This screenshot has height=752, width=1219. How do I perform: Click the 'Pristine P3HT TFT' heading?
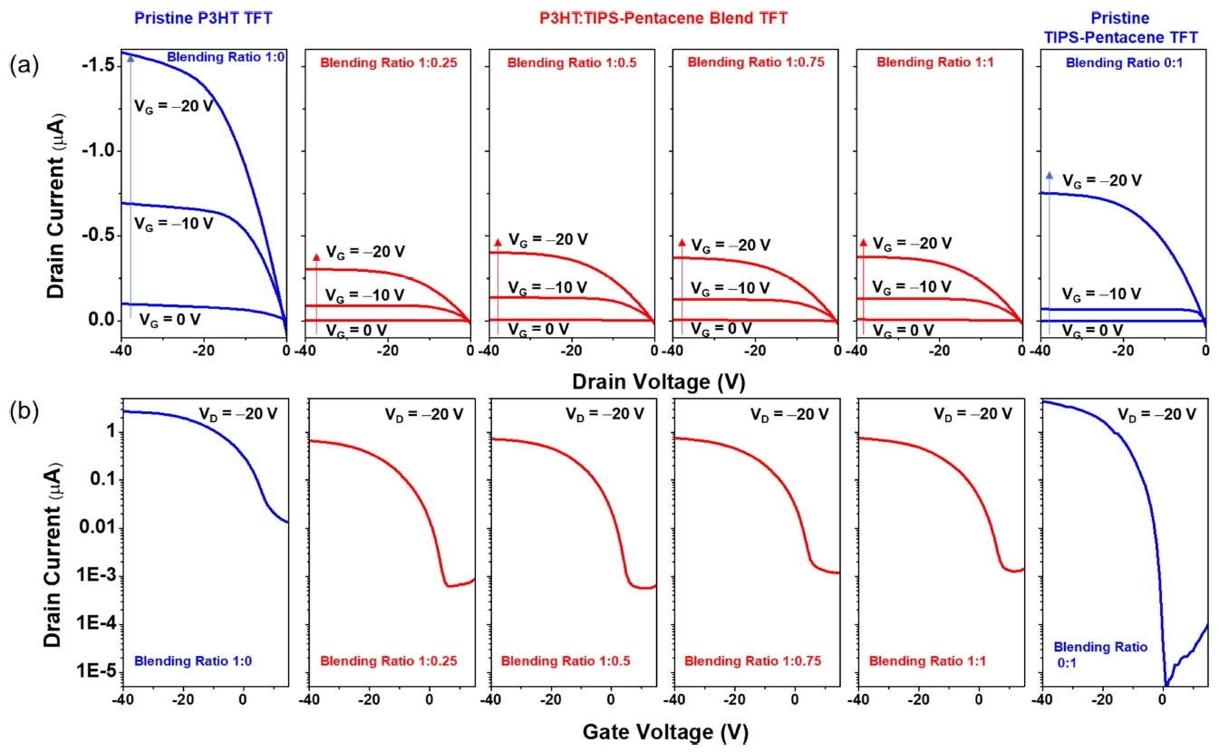tap(204, 17)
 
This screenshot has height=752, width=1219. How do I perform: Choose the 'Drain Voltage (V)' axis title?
tap(664, 381)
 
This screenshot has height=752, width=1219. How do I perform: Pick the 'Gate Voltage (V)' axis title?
tap(665, 730)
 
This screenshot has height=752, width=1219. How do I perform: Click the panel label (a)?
tap(25, 64)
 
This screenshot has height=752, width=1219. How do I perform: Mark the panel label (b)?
tap(25, 412)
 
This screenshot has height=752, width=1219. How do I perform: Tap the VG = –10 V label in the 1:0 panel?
tap(174, 222)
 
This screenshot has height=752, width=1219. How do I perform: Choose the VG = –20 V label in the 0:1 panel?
tap(1102, 180)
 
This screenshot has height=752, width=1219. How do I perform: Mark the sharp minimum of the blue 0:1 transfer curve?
tap(1166, 684)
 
